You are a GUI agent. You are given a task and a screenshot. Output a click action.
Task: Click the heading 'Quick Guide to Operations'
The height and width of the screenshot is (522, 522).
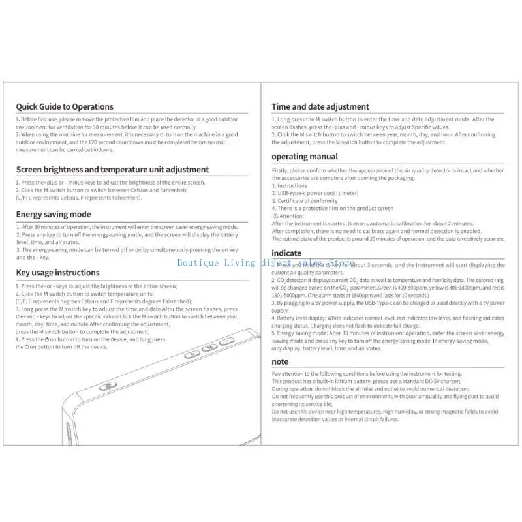click(x=65, y=106)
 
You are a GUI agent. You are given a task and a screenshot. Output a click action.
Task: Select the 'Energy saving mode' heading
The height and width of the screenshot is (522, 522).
click(x=54, y=214)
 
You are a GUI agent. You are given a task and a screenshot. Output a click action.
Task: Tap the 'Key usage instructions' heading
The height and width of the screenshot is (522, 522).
click(x=57, y=273)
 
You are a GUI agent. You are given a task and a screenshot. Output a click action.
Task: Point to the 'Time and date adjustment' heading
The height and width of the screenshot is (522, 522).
click(x=320, y=106)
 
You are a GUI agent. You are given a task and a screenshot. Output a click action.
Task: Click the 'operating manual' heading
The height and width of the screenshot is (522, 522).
click(x=305, y=157)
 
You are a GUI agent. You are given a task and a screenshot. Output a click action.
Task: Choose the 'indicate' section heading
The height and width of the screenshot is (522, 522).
click(x=286, y=253)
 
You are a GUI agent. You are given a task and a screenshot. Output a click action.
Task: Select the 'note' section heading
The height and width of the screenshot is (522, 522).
click(x=280, y=361)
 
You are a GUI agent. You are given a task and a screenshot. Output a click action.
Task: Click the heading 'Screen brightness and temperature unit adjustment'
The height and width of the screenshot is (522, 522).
click(x=112, y=170)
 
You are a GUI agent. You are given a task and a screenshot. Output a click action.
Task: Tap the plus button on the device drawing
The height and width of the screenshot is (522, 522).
click(x=192, y=355)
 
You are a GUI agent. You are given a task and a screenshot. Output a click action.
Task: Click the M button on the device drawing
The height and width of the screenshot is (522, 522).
click(x=211, y=348)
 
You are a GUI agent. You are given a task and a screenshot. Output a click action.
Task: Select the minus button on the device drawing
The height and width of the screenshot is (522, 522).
click(x=227, y=341)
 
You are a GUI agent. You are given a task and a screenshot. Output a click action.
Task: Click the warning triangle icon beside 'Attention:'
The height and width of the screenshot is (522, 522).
click(x=275, y=215)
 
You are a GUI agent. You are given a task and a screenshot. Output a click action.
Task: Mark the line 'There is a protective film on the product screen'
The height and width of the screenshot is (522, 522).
click(x=333, y=208)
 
